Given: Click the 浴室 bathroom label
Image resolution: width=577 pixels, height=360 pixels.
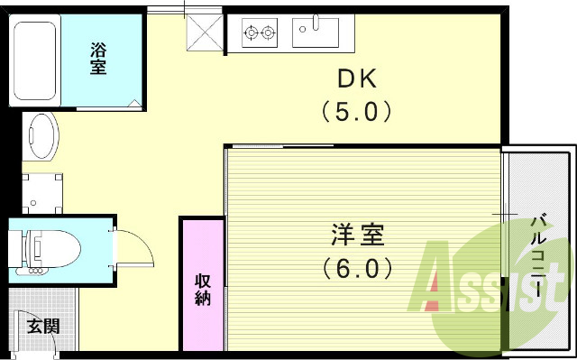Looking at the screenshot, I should (x=98, y=60).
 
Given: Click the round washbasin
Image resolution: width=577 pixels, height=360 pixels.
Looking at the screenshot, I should (x=41, y=137).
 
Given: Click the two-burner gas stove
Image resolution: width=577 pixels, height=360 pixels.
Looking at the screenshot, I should (x=261, y=34).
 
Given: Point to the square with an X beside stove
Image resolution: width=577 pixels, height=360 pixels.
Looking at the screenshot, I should (x=204, y=34).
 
